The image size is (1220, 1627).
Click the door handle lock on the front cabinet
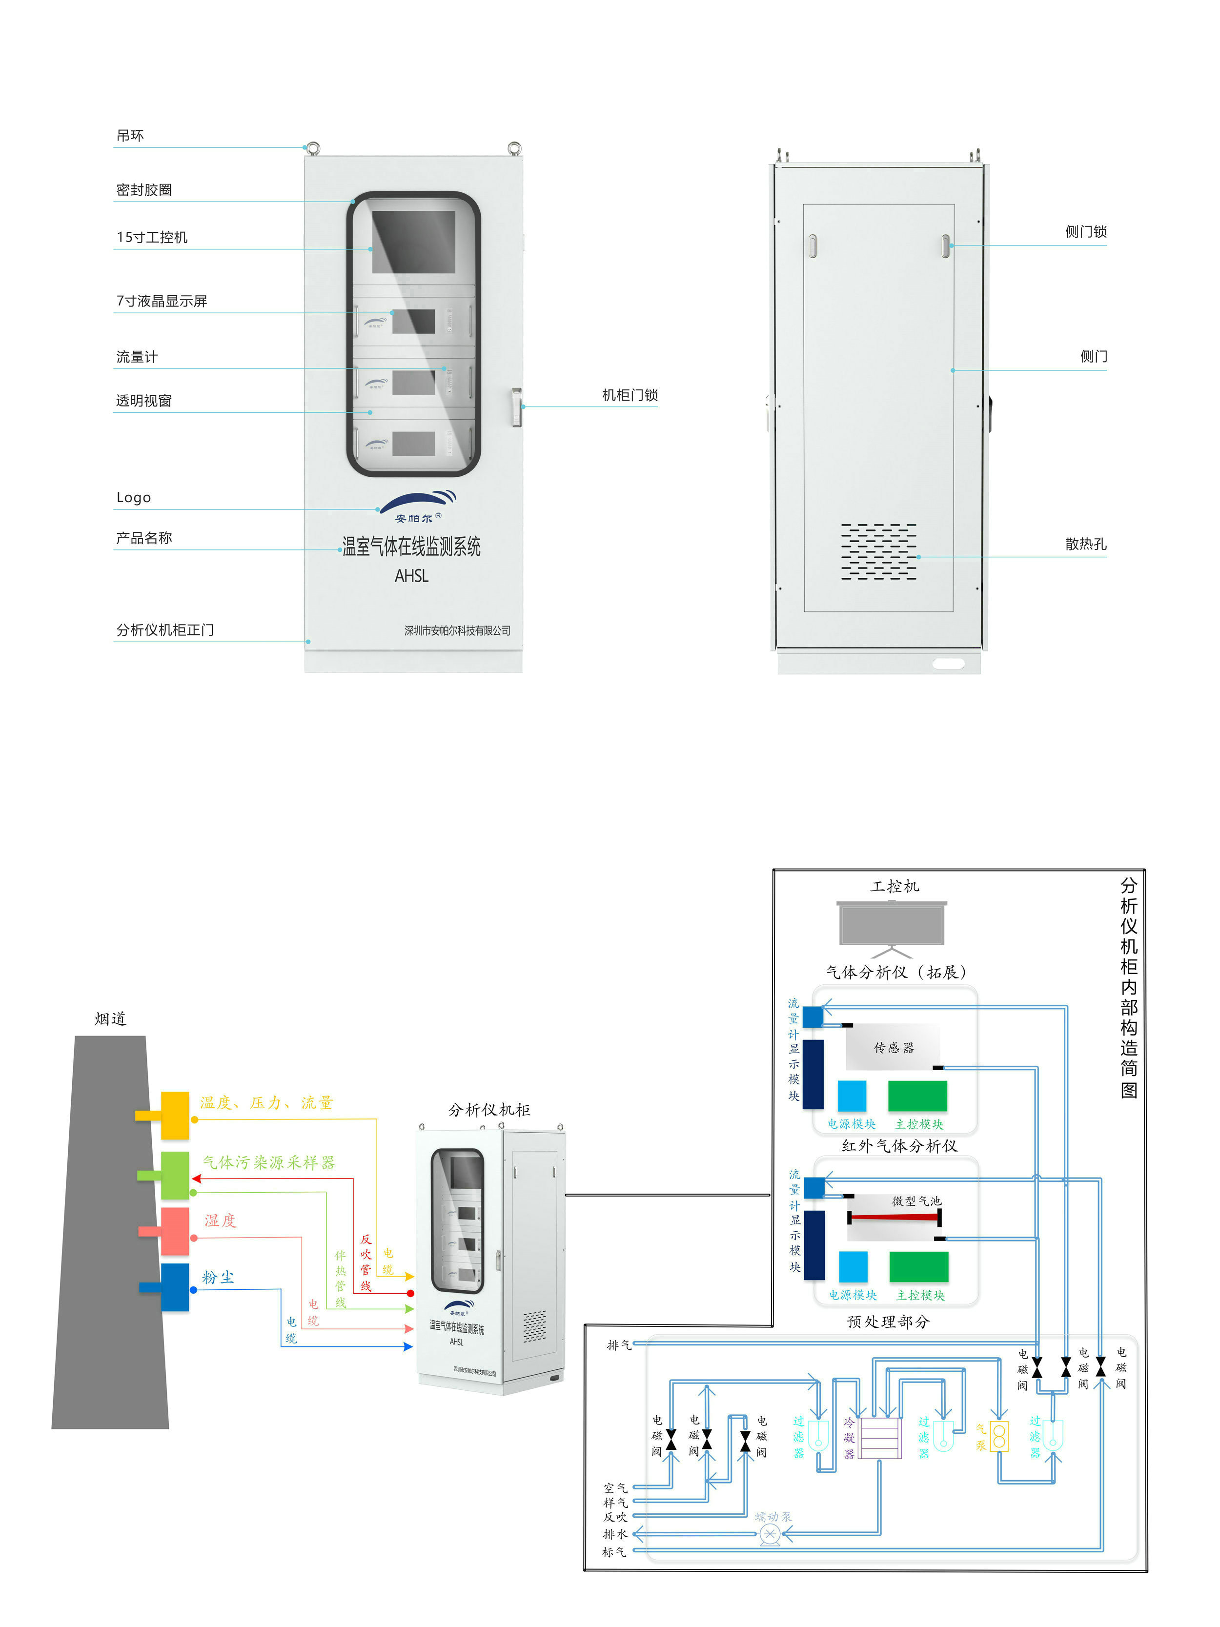pos(516,407)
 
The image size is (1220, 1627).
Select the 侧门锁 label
pos(1085,232)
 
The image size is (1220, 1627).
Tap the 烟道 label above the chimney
pos(110,1019)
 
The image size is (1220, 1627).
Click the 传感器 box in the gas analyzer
pos(893,1047)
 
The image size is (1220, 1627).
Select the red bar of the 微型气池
pos(894,1217)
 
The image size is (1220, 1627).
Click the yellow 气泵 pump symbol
pos(998,1437)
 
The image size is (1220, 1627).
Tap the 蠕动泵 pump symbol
pos(769,1534)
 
